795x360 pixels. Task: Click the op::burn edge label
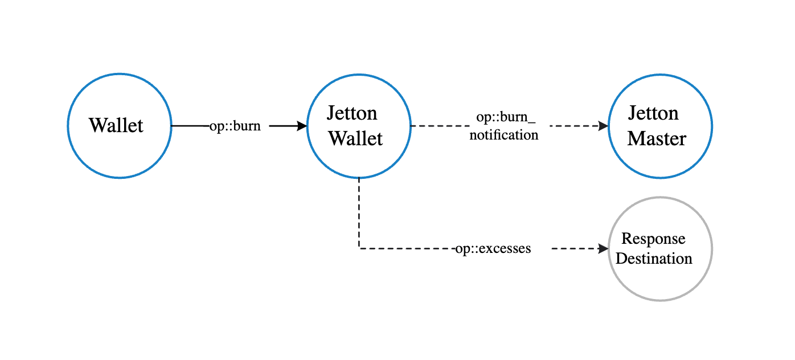tap(235, 126)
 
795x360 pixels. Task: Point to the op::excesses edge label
tap(493, 249)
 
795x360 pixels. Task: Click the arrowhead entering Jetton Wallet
tap(302, 126)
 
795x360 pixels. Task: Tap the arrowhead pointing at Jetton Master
tap(604, 126)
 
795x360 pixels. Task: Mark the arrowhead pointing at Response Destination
tap(604, 248)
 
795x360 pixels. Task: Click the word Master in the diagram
tap(657, 139)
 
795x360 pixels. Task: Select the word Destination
tap(654, 259)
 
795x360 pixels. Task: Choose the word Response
tap(653, 238)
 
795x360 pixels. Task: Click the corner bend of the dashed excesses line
tap(359, 248)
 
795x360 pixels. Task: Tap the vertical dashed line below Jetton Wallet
tap(359, 214)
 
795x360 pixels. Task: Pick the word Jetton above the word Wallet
tap(352, 113)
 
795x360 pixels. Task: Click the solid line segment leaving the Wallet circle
tap(190, 126)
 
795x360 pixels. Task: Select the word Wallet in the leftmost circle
tap(116, 125)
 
